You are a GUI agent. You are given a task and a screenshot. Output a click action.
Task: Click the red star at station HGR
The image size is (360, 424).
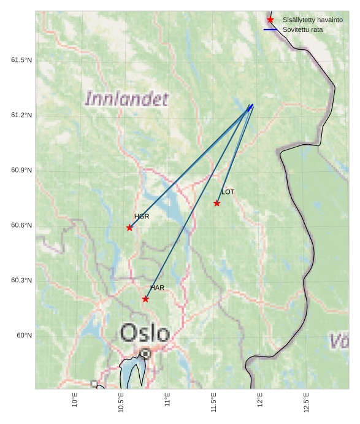point(129,228)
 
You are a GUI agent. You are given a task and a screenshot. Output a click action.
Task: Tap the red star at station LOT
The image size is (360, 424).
point(217,203)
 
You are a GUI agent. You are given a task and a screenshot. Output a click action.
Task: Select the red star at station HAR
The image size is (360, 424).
point(145,299)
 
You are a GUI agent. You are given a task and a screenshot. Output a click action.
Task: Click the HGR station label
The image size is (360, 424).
point(142,217)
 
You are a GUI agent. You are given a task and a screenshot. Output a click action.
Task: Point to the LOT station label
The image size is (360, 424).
point(228,192)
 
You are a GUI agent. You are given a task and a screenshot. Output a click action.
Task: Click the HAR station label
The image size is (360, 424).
point(158,288)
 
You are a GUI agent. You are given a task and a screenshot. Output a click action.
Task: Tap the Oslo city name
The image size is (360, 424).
point(145,333)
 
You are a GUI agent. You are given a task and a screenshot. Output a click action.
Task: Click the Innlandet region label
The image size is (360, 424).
point(127,99)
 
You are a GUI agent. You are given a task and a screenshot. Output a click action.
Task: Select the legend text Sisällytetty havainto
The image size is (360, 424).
point(312,20)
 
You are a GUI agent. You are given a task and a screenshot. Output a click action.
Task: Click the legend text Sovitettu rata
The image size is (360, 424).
point(302,29)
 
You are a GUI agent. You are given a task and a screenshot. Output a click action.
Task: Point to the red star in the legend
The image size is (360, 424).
point(270,20)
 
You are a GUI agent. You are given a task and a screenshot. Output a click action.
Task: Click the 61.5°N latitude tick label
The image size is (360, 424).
point(21,60)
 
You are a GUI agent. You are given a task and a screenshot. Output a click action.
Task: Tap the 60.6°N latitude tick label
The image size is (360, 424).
point(21,226)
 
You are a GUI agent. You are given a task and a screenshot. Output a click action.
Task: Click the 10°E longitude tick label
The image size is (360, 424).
point(75,399)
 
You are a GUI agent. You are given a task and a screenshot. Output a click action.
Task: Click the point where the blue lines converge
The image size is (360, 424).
point(251,105)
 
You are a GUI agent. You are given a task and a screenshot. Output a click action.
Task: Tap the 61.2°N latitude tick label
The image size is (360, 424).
point(21,115)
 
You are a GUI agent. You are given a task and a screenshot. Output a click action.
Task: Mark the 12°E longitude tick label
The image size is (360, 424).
point(260,399)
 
